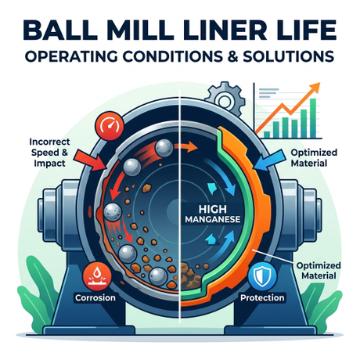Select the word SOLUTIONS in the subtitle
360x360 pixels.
pos(289,56)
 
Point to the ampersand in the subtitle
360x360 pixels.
pos(233,56)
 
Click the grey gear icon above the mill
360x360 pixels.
pos(225,99)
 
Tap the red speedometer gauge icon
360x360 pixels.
pos(110,126)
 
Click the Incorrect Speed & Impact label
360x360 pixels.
pos(49,153)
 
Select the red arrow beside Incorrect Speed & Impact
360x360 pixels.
pos(90,160)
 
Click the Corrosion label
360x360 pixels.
pos(95,297)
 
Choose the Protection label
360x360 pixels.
pos(262,297)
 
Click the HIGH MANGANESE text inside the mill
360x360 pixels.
pos(213,214)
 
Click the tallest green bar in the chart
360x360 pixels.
pos(312,118)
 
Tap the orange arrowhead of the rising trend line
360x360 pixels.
pos(315,88)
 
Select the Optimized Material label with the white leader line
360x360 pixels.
pos(319,271)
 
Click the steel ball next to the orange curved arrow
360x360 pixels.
pos(164,148)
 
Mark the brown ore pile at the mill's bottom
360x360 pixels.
pos(191,275)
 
